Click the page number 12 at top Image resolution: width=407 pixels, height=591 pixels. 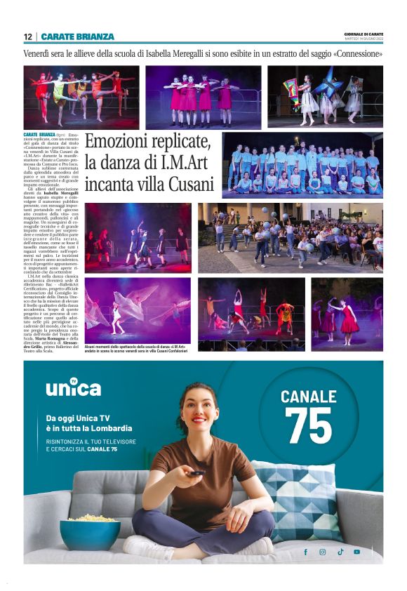click(x=27, y=36)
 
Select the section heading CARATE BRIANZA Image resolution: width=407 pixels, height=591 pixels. click(x=77, y=36)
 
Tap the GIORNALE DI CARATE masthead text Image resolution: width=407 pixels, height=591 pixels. click(x=363, y=34)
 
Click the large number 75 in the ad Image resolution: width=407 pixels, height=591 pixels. click(x=309, y=425)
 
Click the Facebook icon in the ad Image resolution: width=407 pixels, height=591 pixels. click(x=305, y=552)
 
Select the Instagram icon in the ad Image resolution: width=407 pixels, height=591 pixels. click(x=323, y=552)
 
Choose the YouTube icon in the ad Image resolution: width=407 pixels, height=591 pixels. click(x=357, y=552)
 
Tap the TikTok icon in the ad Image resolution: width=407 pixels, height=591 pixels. click(x=340, y=552)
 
